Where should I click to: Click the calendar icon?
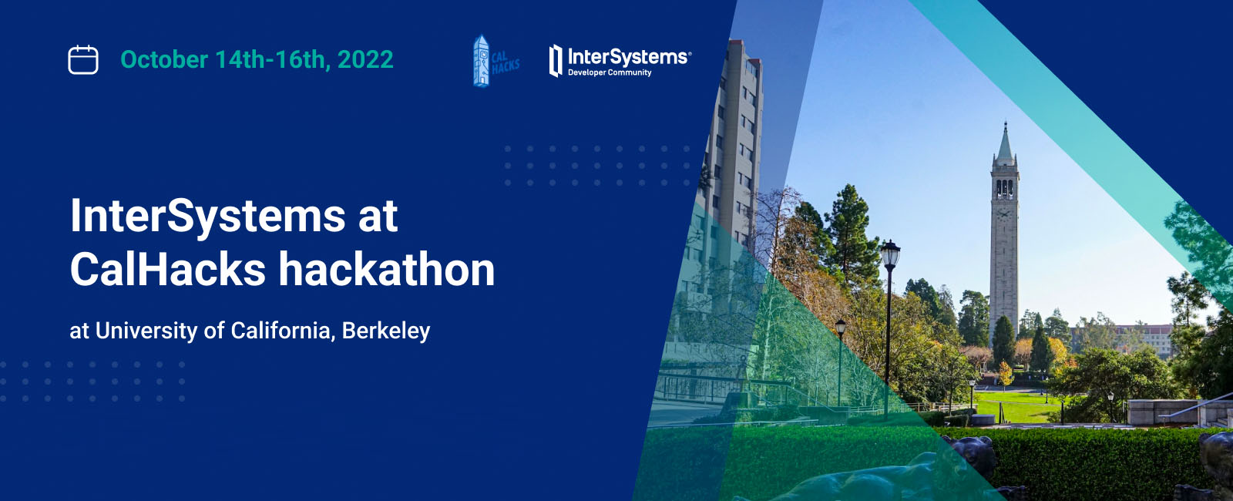83,59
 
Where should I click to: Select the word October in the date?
164,59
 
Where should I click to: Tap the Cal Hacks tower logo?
481,61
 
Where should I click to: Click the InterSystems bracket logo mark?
556,61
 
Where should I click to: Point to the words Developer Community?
610,72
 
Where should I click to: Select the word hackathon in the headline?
386,269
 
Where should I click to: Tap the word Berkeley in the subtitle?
386,331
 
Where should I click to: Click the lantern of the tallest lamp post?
889,254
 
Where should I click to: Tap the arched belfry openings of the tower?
1005,189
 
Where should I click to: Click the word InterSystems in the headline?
208,216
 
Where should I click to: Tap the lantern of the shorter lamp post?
840,327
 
